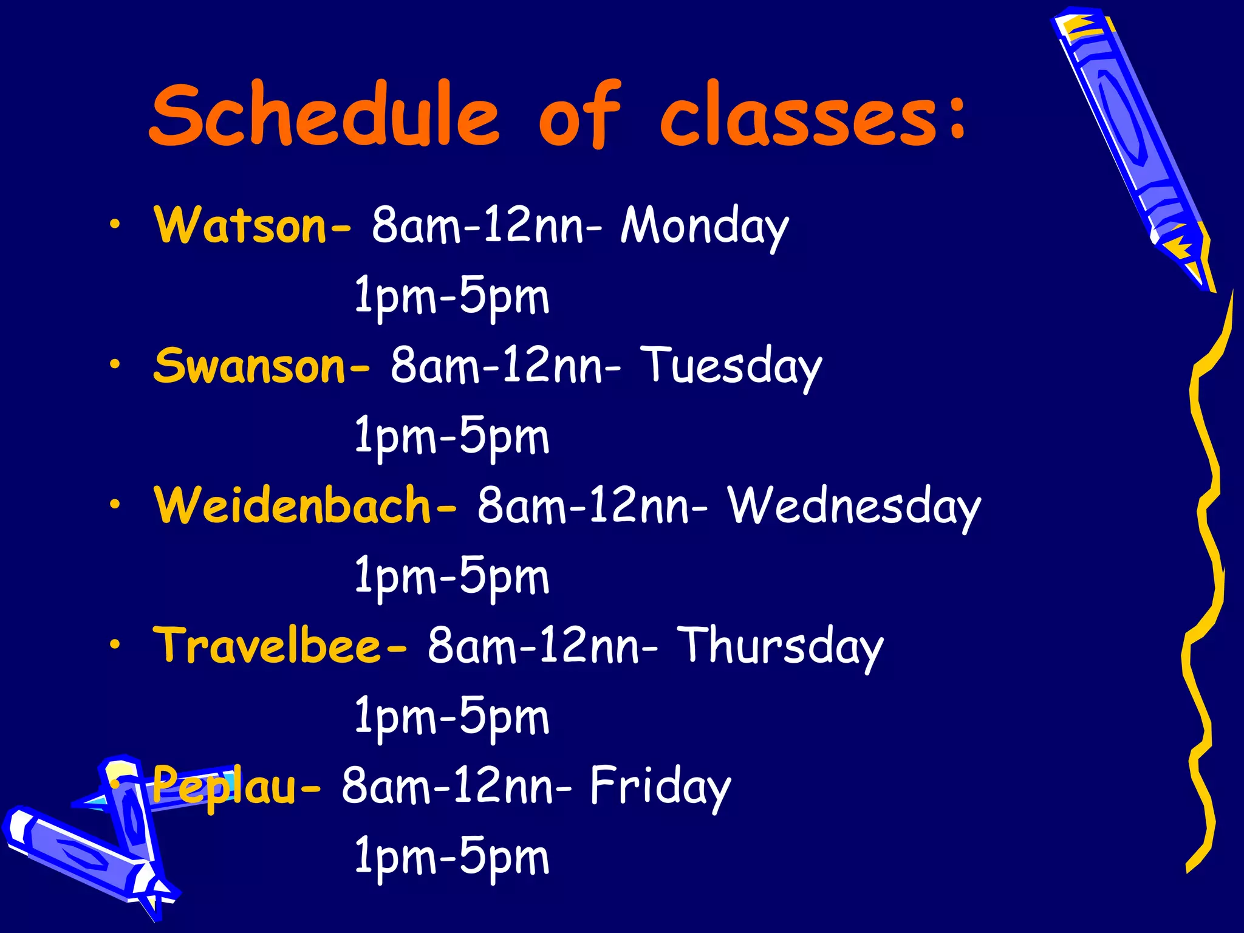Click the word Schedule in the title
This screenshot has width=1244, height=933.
325,115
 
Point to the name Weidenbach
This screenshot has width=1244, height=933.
293,505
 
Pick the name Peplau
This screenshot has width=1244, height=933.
225,786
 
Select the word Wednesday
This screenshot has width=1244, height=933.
854,507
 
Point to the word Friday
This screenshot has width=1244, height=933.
660,787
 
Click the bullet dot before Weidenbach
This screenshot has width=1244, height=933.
115,504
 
